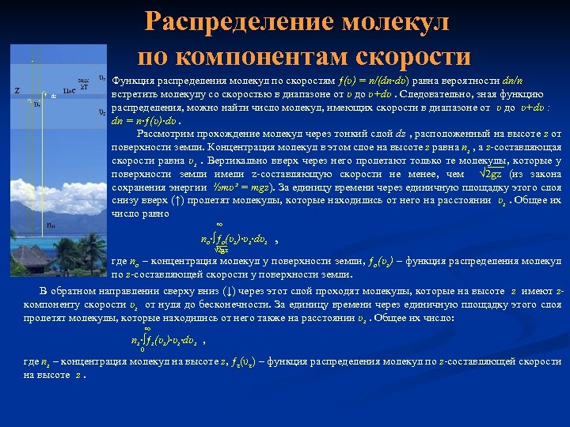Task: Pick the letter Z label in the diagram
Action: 17,90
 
